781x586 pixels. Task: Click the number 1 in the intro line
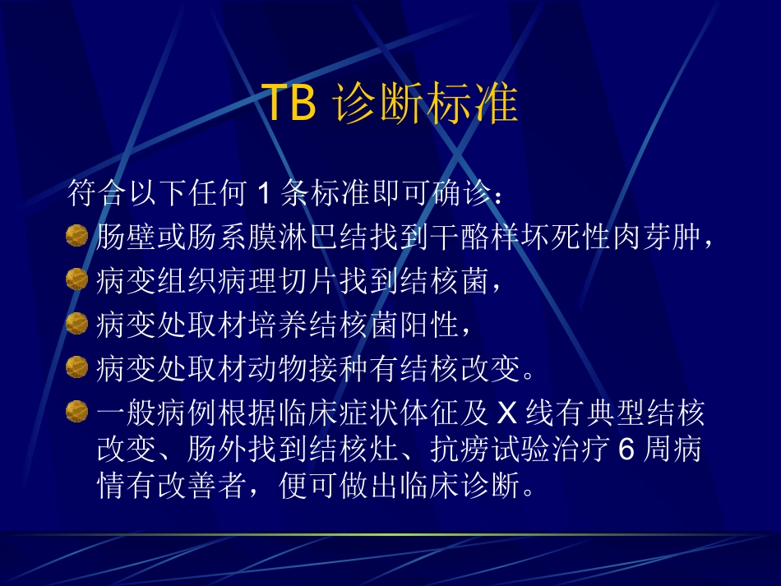click(263, 195)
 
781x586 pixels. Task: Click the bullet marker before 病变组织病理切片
click(76, 280)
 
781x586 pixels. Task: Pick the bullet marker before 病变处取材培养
click(76, 323)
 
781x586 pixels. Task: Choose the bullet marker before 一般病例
click(76, 408)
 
